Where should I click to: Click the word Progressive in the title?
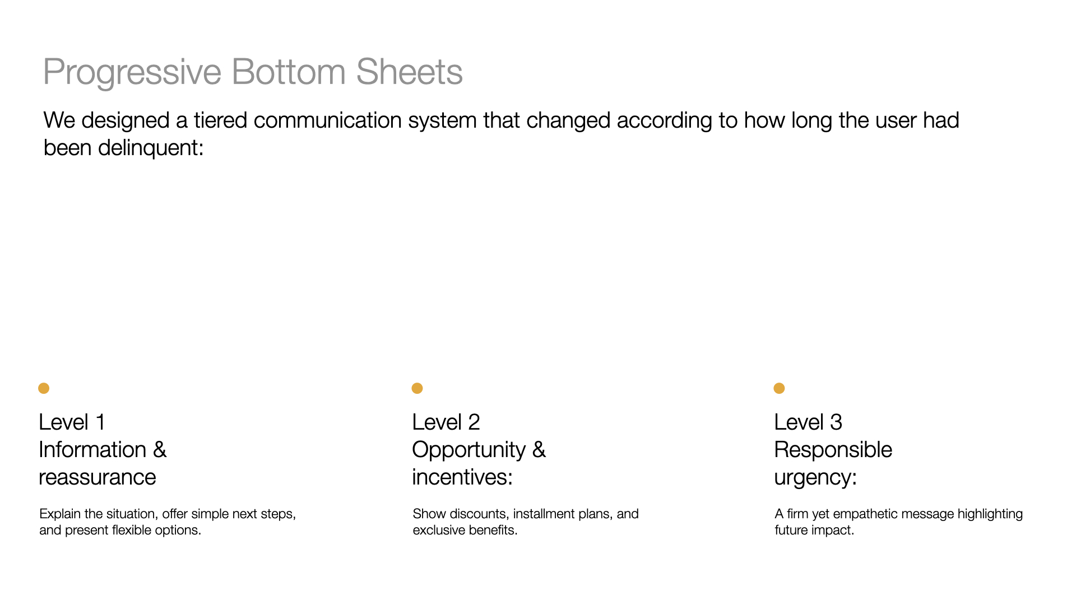point(133,72)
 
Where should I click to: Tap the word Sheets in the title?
point(409,72)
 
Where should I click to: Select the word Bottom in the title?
point(289,72)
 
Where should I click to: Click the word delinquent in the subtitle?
point(151,148)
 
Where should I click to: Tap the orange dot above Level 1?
point(44,388)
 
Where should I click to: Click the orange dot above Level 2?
point(417,388)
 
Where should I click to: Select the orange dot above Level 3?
point(779,388)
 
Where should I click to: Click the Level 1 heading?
point(72,422)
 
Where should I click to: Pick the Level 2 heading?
point(446,422)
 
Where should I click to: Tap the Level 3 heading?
point(808,422)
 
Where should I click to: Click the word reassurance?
point(98,478)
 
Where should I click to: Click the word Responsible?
point(833,450)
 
